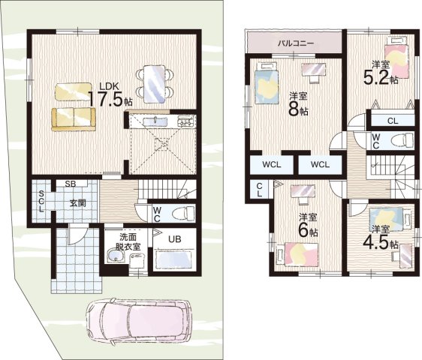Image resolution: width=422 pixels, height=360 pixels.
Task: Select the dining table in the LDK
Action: (x=154, y=84)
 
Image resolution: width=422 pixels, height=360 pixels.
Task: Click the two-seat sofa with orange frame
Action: (x=74, y=119)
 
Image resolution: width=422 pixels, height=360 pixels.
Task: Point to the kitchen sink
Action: (x=153, y=122)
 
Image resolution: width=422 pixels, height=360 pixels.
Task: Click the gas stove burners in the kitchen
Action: (x=185, y=121)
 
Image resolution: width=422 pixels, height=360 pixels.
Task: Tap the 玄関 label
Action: (x=78, y=203)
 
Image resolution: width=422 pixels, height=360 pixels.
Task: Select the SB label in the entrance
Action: (x=71, y=184)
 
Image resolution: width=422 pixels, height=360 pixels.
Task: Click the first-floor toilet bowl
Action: (x=183, y=214)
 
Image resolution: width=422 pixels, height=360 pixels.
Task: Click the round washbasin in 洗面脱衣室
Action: (x=116, y=255)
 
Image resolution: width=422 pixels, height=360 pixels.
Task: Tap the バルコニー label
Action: (x=296, y=43)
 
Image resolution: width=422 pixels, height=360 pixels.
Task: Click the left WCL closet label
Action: (x=272, y=164)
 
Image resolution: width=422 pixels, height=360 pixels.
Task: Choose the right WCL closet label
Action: (x=320, y=164)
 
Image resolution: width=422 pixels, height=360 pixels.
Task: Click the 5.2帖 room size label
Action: (x=381, y=77)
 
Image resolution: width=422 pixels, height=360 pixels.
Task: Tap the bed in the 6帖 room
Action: (x=297, y=253)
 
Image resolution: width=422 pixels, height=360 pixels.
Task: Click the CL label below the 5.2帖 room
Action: (x=393, y=121)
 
